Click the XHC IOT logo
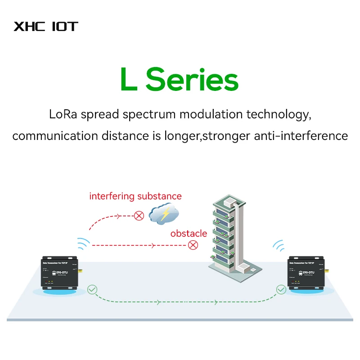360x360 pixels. (x=45, y=26)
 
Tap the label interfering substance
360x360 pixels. (x=135, y=196)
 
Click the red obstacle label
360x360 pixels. (x=189, y=234)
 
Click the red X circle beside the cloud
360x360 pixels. (x=139, y=216)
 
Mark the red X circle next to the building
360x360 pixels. (x=193, y=245)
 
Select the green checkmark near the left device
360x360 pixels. (x=92, y=289)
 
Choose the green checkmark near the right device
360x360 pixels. (x=281, y=289)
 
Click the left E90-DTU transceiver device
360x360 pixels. (x=58, y=274)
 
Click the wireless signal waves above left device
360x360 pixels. (x=83, y=243)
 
